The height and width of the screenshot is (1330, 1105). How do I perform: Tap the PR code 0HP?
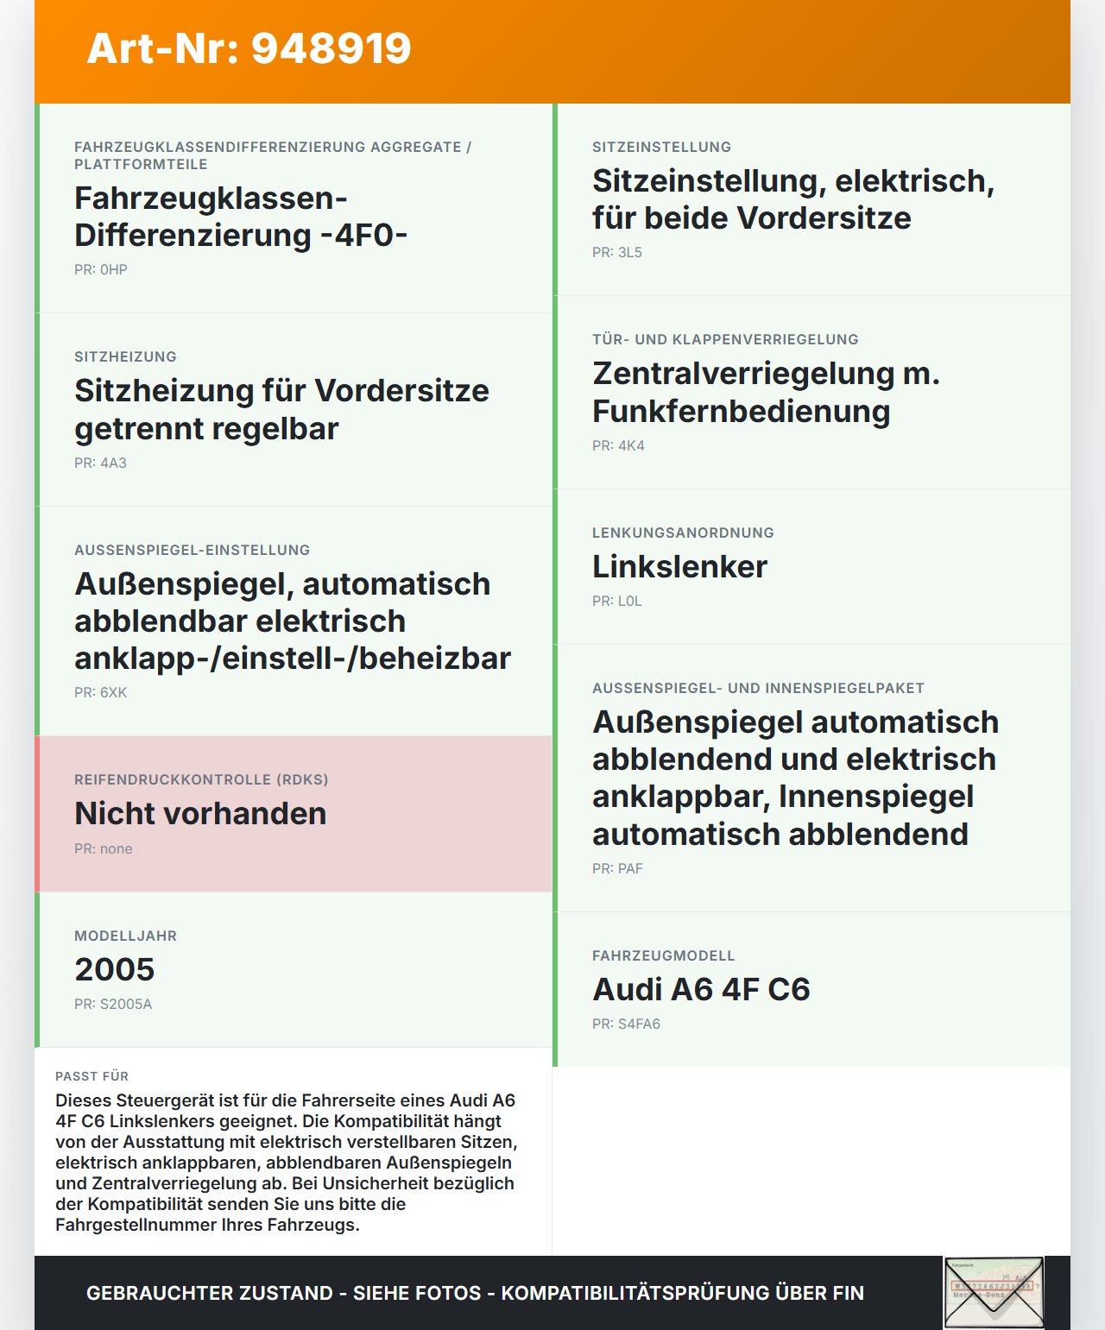coord(101,269)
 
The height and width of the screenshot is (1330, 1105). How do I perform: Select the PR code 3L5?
coord(617,252)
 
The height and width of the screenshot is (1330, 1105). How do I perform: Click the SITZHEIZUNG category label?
coord(125,356)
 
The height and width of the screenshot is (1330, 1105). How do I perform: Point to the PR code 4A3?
coord(100,463)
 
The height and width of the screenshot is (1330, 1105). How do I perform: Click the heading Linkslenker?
coord(679,567)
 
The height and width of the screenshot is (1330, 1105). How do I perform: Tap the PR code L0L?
coord(617,601)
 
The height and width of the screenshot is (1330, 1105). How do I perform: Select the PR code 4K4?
coord(618,445)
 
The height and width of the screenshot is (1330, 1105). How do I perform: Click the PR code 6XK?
coord(100,692)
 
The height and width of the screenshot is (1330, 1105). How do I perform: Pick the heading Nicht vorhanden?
coord(200,814)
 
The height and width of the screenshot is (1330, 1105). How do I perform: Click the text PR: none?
coord(104,848)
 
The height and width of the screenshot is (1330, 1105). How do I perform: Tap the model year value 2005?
coord(115,969)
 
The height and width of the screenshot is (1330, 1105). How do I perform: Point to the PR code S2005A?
coord(113,1004)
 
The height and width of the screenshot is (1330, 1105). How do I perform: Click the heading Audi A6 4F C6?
coord(701,989)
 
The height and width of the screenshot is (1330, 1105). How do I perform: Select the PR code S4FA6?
coord(626,1024)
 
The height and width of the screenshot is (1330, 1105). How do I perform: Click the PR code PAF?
coord(617,868)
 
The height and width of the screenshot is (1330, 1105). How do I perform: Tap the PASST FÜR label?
coord(92,1076)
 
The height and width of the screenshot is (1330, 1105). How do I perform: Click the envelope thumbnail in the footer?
coord(994,1292)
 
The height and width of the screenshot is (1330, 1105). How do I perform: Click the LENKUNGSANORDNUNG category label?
coord(683,533)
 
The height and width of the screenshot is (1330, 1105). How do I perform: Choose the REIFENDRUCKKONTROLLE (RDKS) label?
coord(201,779)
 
